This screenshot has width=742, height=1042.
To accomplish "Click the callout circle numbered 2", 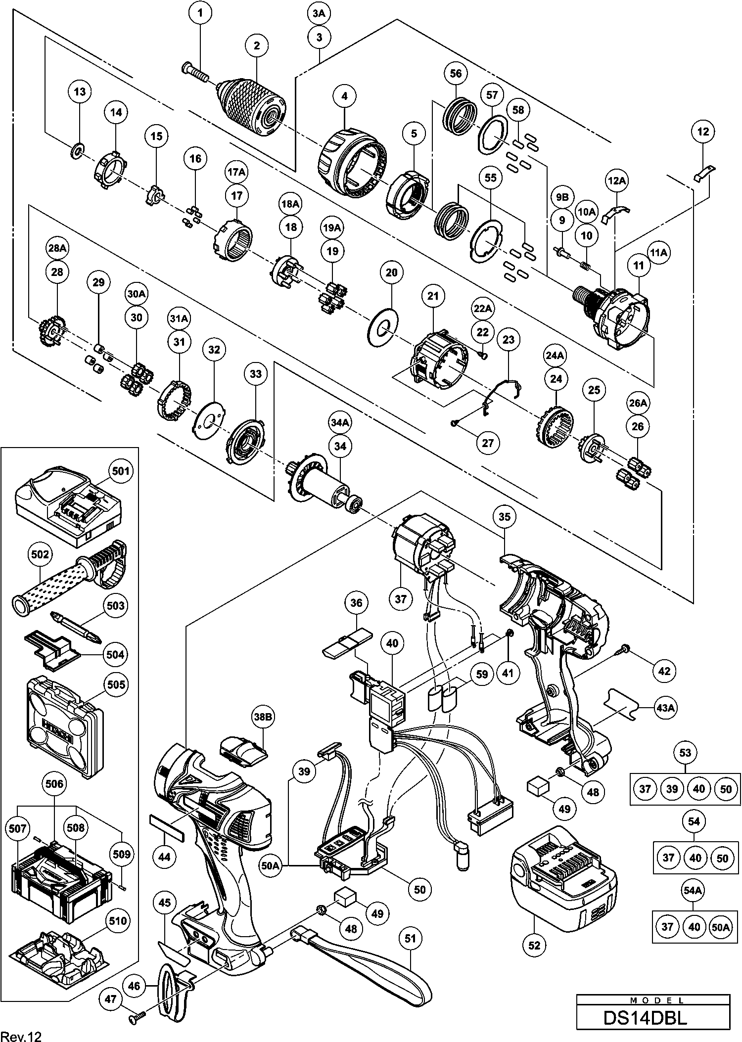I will point(257,46).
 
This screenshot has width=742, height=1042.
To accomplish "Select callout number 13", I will point(80,91).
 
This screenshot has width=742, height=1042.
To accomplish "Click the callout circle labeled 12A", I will point(617,181).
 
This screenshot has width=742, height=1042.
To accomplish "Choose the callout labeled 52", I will point(535,945).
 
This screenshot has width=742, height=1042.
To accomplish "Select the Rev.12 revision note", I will point(21,1033).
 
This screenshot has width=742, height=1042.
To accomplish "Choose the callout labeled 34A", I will point(340,423).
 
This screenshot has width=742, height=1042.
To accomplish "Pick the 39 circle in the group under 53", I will point(672,789).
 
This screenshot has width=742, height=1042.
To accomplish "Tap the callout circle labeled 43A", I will point(665,708).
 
